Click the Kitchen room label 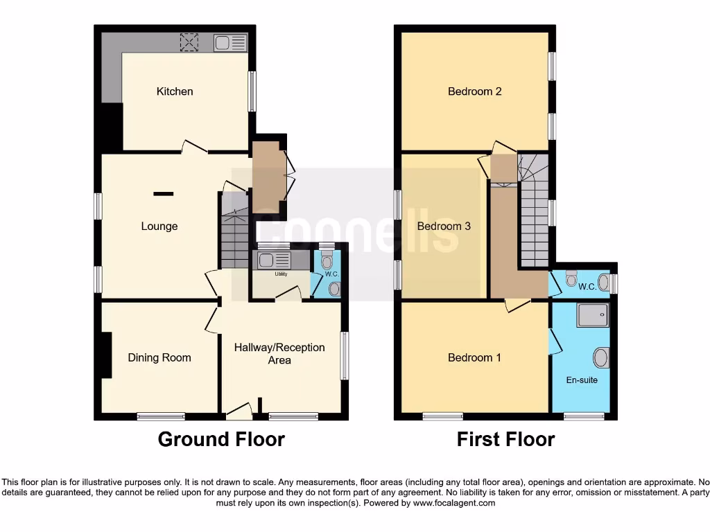175,91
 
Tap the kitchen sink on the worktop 230,43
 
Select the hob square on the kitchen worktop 189,42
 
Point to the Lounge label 159,226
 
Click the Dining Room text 159,357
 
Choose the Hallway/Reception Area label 279,353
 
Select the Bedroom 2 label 474,91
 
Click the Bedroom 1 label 474,357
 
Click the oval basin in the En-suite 601,358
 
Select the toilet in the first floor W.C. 571,278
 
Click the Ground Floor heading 221,439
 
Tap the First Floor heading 505,439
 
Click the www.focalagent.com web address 453,503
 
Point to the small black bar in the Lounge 163,194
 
